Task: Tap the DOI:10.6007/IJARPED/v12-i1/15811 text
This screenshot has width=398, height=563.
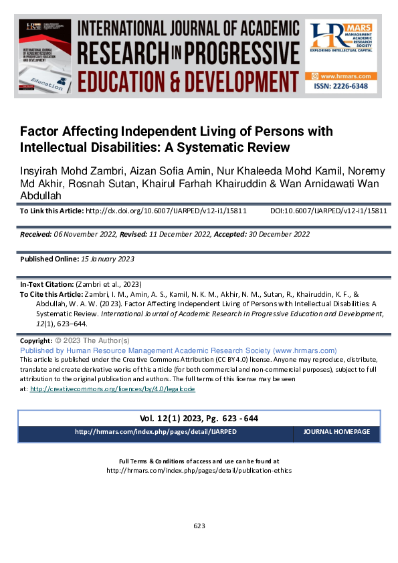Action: coord(328,211)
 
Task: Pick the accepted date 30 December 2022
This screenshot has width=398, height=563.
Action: coord(276,235)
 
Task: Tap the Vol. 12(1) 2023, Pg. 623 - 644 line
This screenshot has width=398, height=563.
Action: coord(199,419)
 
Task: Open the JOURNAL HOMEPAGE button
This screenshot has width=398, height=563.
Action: coord(336,433)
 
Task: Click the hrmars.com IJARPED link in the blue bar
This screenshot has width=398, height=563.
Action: coord(155,433)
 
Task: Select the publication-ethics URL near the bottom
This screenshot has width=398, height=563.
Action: coord(199,470)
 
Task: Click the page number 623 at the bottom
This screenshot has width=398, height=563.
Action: coord(199,526)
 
